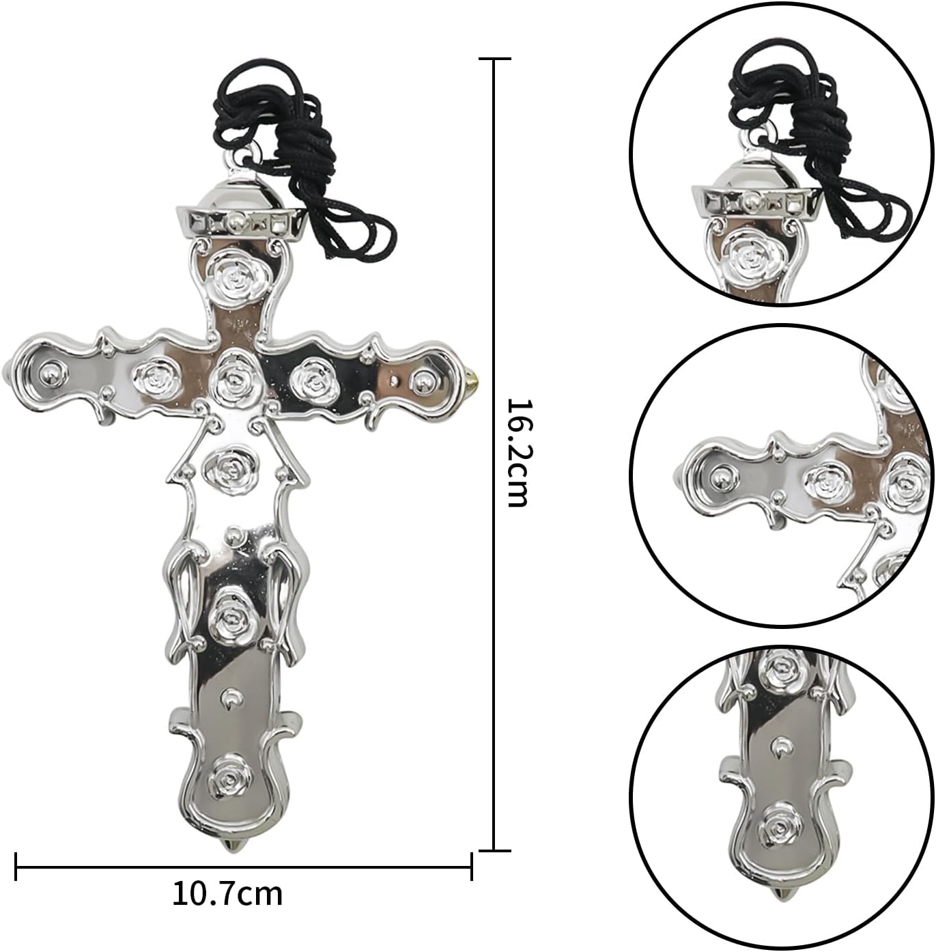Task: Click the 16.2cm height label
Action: pos(517,453)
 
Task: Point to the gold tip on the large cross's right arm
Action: pos(472,378)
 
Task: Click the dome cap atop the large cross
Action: pos(240,191)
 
